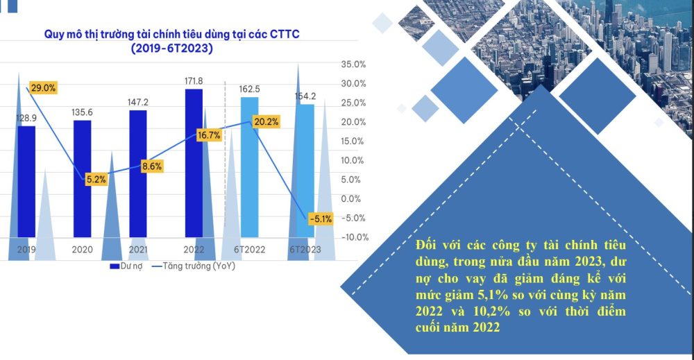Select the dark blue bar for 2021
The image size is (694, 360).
coord(138,173)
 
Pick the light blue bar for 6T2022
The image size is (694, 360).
coord(249,166)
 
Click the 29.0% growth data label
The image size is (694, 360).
coord(42,88)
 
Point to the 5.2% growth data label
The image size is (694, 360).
coord(96,180)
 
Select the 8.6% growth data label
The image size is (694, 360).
coord(151,166)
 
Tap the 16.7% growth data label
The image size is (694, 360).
coord(209,135)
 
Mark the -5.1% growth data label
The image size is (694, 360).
coord(321,218)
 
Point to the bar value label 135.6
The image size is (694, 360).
coord(83,112)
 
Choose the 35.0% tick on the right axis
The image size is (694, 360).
coord(354,65)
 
